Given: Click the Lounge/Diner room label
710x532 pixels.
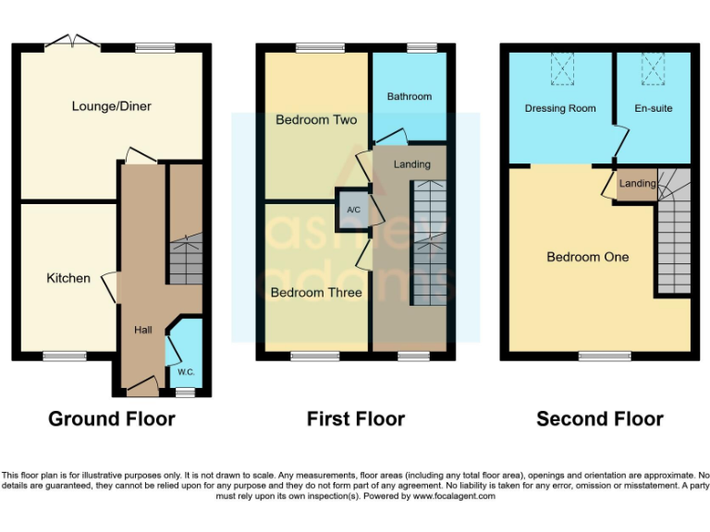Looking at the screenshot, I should click(111, 106).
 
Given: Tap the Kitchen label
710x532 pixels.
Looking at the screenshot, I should click(68, 278).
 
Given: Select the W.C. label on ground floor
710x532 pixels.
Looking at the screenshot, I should click(187, 373).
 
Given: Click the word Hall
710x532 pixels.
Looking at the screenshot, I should click(142, 329).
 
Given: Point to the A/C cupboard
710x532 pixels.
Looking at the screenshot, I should click(352, 210).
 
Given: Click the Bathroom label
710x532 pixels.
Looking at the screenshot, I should click(409, 96).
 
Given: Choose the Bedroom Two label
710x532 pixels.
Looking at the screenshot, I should click(315, 120).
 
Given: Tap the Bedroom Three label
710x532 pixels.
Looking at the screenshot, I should click(315, 293).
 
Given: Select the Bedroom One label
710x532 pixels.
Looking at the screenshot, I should click(587, 257).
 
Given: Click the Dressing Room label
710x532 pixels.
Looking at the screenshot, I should click(560, 109).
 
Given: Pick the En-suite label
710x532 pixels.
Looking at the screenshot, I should click(654, 109).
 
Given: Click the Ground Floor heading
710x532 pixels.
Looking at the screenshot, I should click(112, 419).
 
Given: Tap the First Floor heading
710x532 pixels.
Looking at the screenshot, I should click(356, 419).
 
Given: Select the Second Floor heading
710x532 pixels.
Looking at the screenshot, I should click(600, 419).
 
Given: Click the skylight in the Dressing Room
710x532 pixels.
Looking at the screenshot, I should click(561, 67).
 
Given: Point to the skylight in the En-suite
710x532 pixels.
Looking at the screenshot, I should click(654, 67).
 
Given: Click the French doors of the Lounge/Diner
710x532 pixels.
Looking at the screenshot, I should click(73, 42).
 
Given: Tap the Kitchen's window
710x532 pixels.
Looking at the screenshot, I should click(62, 356).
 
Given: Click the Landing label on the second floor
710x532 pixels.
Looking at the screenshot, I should click(637, 184).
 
